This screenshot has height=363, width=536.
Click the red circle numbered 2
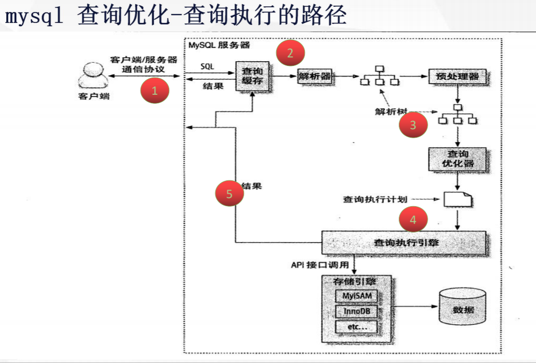(x=290, y=53)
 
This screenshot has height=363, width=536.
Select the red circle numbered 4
(x=413, y=220)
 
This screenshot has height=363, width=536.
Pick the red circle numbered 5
(x=229, y=194)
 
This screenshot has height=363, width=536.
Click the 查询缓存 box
(x=252, y=76)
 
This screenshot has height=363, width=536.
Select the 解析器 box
(x=315, y=76)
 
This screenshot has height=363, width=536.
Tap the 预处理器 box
(x=454, y=77)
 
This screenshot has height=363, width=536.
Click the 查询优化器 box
(x=457, y=159)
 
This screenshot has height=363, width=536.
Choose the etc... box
(x=356, y=327)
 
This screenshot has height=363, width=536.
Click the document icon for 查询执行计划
(x=457, y=199)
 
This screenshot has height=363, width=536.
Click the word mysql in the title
(x=34, y=17)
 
